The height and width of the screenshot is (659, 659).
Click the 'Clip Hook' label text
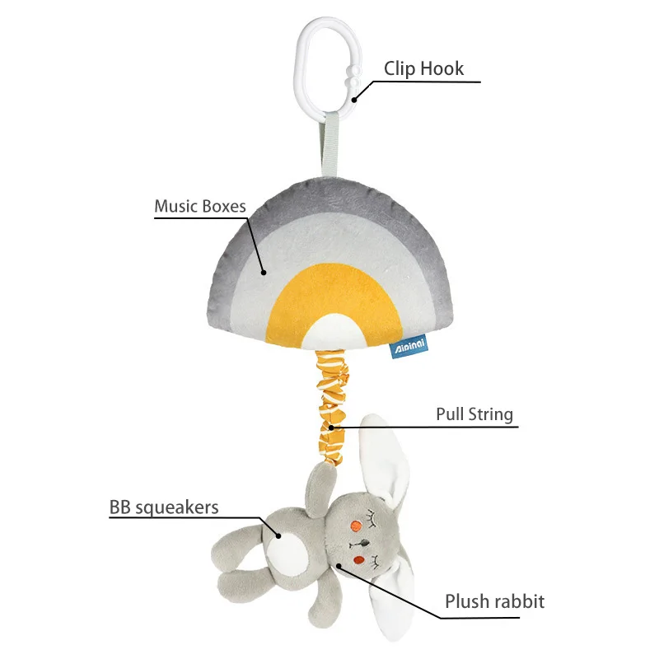(423, 68)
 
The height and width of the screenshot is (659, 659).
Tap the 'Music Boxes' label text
(200, 206)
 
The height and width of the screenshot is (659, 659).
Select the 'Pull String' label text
(474, 414)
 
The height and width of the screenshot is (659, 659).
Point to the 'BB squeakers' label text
(164, 507)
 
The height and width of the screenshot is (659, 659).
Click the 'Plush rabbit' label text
(494, 601)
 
